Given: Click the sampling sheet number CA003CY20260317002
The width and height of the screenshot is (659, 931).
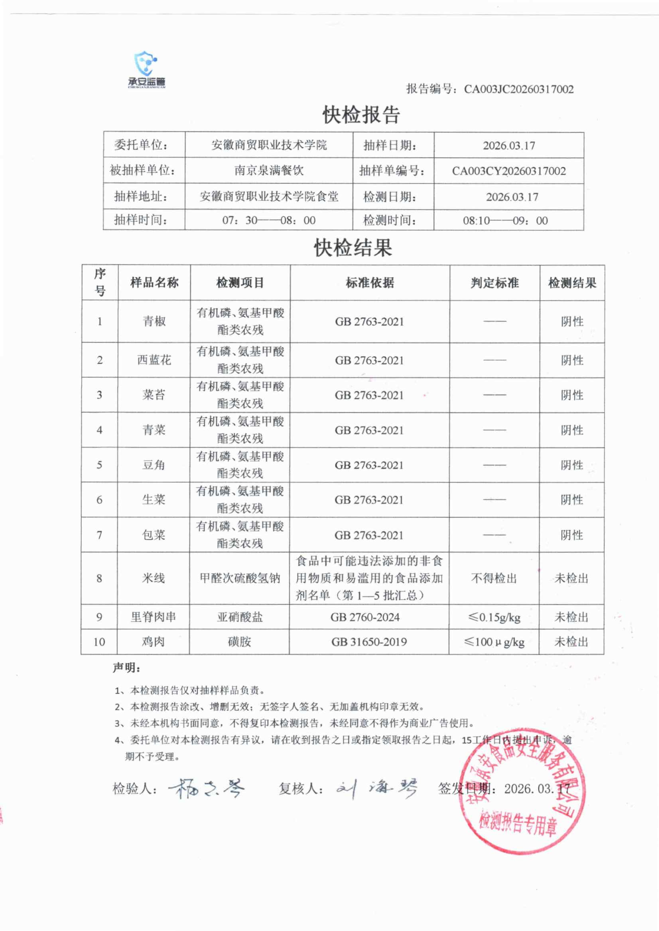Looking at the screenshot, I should click(509, 171).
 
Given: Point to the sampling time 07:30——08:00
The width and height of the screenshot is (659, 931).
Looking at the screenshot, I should click(269, 220).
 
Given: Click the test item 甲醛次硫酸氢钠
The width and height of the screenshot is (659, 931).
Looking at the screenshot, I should click(240, 578).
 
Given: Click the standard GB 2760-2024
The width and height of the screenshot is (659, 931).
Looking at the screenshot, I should click(365, 617).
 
